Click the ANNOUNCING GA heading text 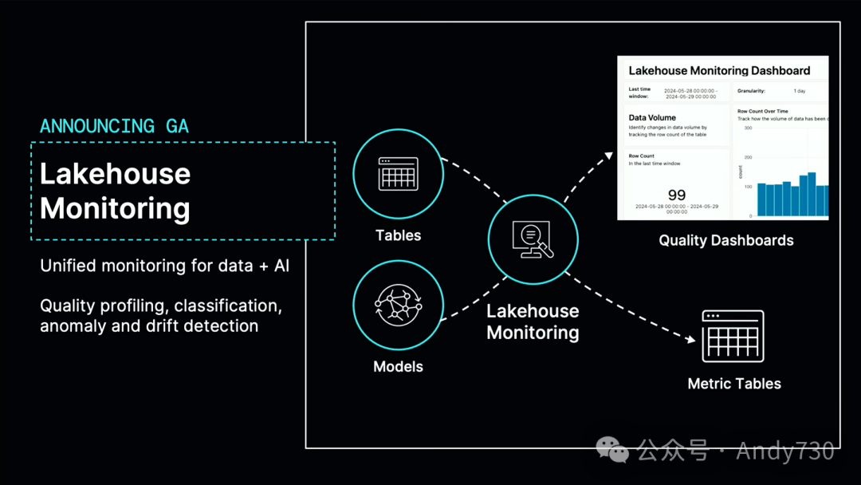coord(114,126)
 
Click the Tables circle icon coord(398,174)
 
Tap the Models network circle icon coord(398,306)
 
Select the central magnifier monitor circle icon coord(533,239)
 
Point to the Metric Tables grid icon coord(733,336)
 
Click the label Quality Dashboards coord(726,240)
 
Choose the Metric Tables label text coord(734,384)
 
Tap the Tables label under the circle coord(398,235)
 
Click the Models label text coord(398,367)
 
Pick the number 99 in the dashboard coord(677,195)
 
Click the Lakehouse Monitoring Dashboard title coord(719,71)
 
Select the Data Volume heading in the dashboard coord(652,117)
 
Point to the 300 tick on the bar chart coord(748,128)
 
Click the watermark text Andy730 coord(785,451)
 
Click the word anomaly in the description coord(72,325)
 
